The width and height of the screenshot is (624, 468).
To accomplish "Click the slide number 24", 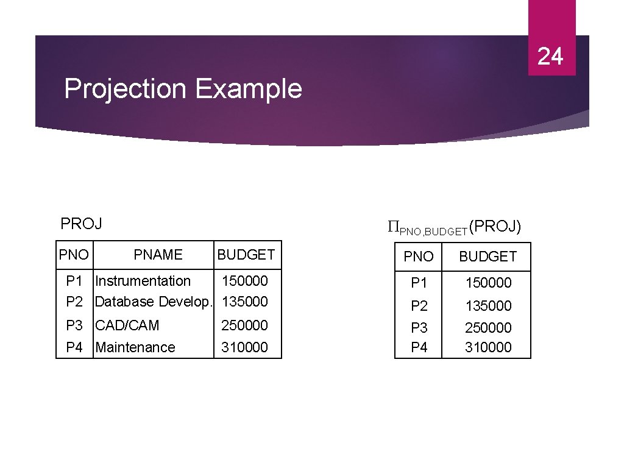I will pos(550,56).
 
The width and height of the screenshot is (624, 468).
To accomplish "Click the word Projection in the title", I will pos(124,89).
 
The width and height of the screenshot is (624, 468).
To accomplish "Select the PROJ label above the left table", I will pos(81,224).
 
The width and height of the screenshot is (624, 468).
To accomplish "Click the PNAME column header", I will pos(158,255).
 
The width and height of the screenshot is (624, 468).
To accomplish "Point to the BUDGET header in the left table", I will pos(246,255).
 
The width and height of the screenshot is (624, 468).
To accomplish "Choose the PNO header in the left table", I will pos(74,255).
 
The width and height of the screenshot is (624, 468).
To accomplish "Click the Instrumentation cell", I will pos(143,281).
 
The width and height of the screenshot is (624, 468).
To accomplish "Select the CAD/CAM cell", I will pos(127,325).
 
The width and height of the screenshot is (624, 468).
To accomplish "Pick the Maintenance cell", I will pos(135,347).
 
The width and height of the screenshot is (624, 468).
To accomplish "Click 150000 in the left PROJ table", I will pos(244,281).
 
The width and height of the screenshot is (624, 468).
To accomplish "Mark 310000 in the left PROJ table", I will pos(244,347).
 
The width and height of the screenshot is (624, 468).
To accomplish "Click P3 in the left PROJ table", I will pos(74,325).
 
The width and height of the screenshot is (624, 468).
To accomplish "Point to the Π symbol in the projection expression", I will pos(393,228).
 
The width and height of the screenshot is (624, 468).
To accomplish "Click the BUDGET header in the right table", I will pos(487,257).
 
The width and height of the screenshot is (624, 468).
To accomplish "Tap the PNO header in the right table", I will pos(419,257).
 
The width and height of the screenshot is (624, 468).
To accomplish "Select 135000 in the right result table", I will pos(488,306).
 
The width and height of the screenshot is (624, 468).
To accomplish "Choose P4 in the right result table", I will pos(419,347).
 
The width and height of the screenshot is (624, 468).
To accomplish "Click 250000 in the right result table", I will pos(488,328).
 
